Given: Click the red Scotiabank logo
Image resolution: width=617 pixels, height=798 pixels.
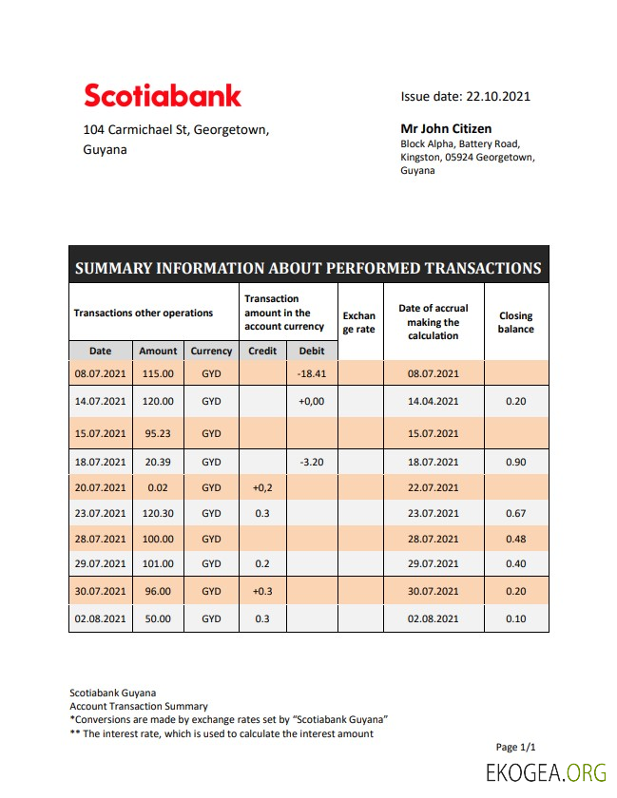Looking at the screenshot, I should click(x=163, y=95).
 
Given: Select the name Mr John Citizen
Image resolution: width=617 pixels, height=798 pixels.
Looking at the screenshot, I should click(x=446, y=128).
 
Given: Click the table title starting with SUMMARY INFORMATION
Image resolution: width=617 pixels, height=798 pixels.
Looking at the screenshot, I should click(x=308, y=268).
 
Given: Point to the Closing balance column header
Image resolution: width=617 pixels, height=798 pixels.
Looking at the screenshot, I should click(x=515, y=322).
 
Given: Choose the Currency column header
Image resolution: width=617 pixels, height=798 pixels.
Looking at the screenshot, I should click(x=211, y=351).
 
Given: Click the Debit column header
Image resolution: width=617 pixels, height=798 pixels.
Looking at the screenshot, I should click(x=312, y=351).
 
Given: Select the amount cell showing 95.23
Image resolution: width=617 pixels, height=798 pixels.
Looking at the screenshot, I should click(x=158, y=433).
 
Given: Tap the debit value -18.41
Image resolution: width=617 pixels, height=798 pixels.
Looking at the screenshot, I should click(x=312, y=374).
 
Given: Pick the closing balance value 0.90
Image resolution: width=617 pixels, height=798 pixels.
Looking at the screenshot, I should click(x=516, y=462).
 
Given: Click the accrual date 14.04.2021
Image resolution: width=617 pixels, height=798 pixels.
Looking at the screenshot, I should click(x=434, y=402).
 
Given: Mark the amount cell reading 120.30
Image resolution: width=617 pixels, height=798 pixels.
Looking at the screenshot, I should click(x=158, y=514).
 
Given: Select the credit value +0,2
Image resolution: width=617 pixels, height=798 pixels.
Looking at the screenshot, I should click(x=262, y=487).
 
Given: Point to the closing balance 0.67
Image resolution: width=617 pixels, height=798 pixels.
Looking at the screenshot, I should click(x=516, y=514).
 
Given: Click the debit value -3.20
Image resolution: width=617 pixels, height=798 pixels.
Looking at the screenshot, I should click(x=312, y=462).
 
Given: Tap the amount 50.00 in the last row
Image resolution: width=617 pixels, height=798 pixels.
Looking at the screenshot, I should click(x=158, y=618).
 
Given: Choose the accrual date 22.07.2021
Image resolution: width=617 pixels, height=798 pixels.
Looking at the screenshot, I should click(x=434, y=487).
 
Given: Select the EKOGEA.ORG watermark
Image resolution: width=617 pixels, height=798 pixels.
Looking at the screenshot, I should click(x=546, y=773).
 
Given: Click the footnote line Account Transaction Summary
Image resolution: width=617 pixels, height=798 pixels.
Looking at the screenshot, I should click(x=139, y=706).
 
